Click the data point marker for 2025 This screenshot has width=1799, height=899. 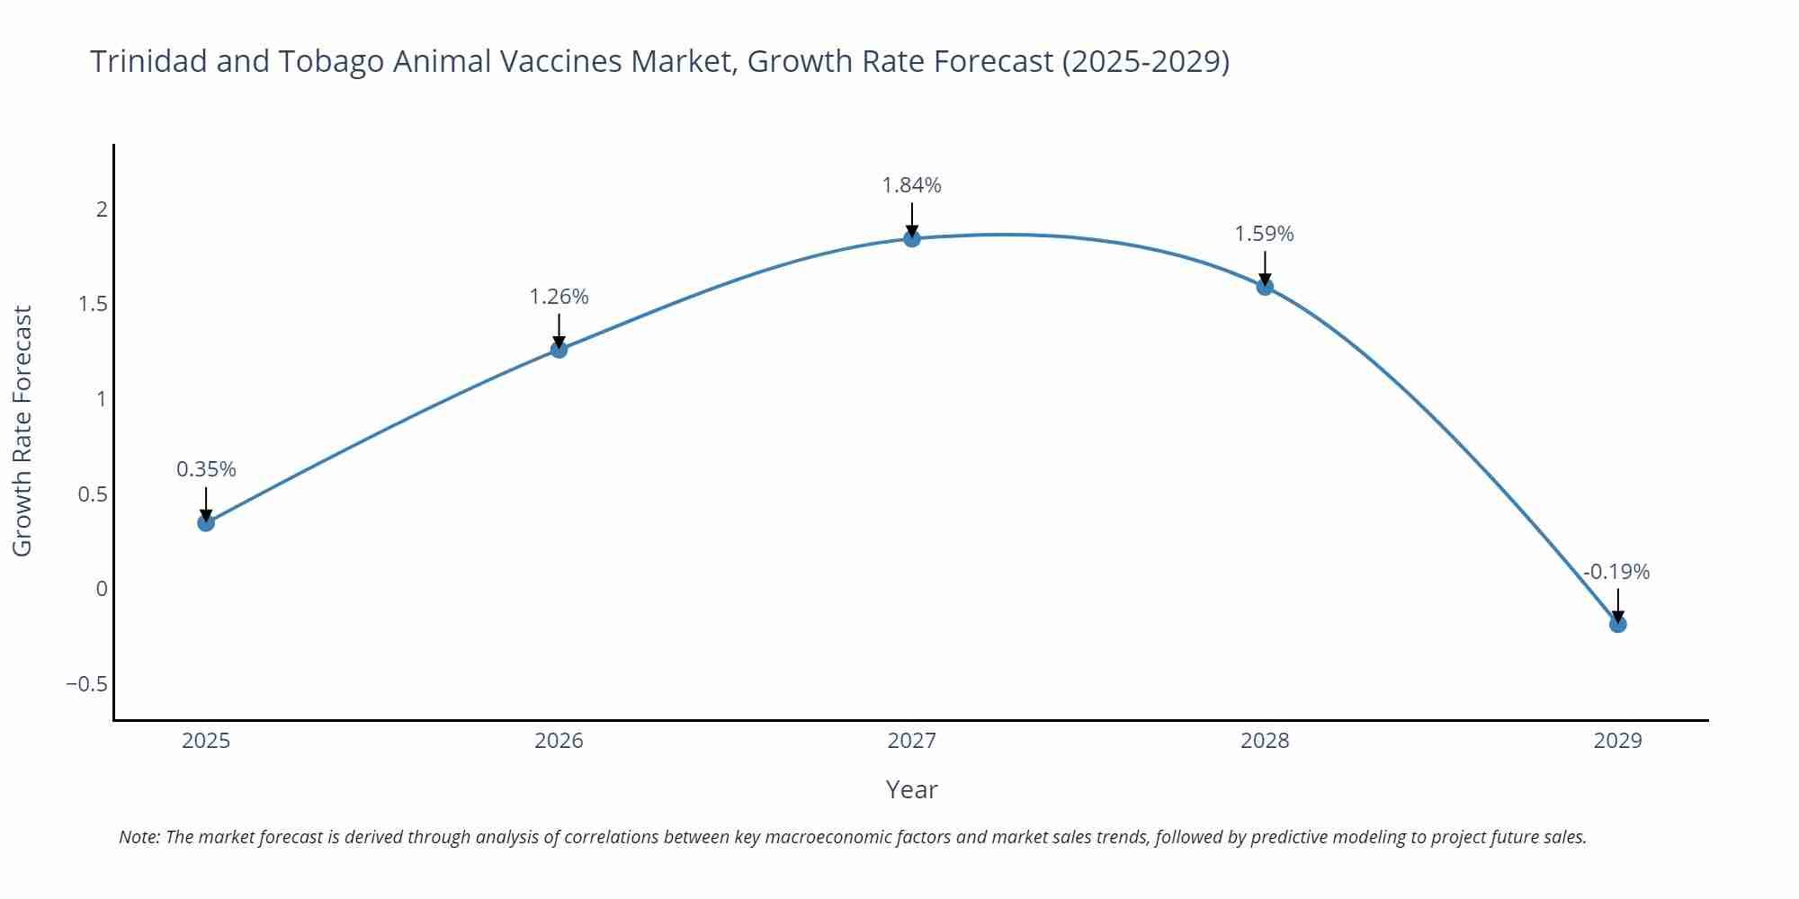coord(206,522)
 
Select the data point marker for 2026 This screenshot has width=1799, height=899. coord(559,350)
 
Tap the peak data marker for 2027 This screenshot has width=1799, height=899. coord(912,238)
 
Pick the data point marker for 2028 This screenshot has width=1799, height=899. coord(1265,287)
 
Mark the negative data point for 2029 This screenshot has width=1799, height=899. coord(1617,624)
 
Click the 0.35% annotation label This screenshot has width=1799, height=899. coord(206,469)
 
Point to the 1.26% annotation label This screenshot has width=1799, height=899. coord(559,297)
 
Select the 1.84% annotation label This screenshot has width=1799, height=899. coord(911,185)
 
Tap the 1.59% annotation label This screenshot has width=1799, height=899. coord(1264,234)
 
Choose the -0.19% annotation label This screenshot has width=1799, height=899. coord(1616,572)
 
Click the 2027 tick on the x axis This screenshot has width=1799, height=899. coord(911,741)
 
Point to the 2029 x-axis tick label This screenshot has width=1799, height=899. coord(1617,741)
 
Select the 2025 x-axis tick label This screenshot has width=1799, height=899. coord(206,741)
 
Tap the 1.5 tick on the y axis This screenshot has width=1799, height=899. coord(93,304)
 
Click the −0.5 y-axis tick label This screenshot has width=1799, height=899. coord(86,684)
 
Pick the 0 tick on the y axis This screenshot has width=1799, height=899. coord(102,589)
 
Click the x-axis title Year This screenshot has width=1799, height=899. coord(911,789)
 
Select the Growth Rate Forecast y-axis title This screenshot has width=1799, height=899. coord(22,431)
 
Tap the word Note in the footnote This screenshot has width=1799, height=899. coord(138,837)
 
